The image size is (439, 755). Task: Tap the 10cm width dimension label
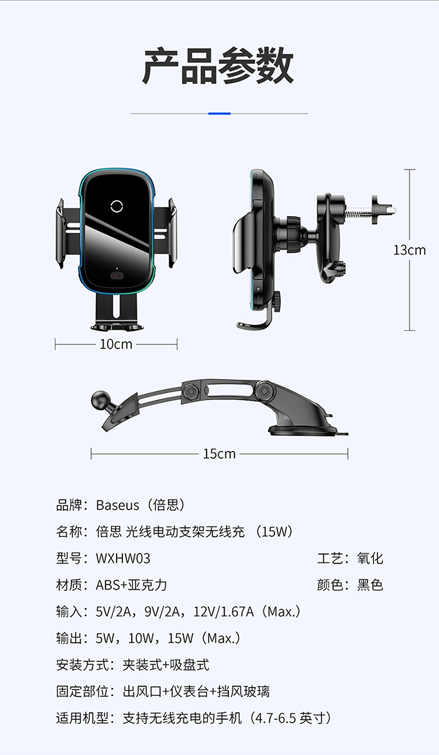pyautogui.click(x=116, y=344)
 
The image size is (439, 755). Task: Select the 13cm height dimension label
pyautogui.click(x=409, y=250)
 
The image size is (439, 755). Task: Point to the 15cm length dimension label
pyautogui.click(x=219, y=454)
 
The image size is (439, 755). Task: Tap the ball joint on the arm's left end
pyautogui.click(x=98, y=401)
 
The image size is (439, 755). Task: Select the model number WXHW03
pyautogui.click(x=123, y=559)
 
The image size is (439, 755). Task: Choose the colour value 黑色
pyautogui.click(x=370, y=585)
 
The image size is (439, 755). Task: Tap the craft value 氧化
pyautogui.click(x=370, y=559)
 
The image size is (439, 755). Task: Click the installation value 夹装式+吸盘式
pyautogui.click(x=166, y=665)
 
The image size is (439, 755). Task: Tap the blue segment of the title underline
pyautogui.click(x=220, y=113)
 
